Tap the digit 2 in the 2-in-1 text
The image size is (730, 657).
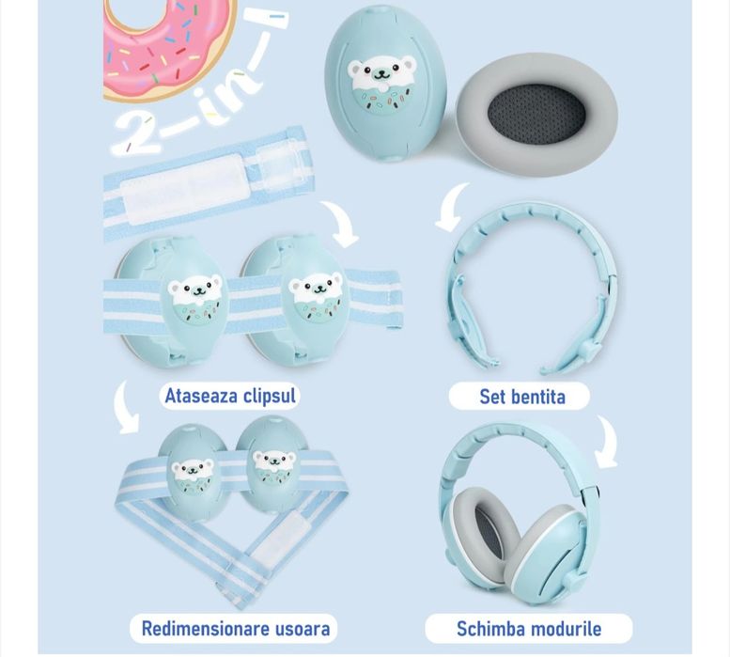(136, 133)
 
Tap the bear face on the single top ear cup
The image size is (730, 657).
(381, 83)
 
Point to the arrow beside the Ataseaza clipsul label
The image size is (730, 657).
(125, 407)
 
